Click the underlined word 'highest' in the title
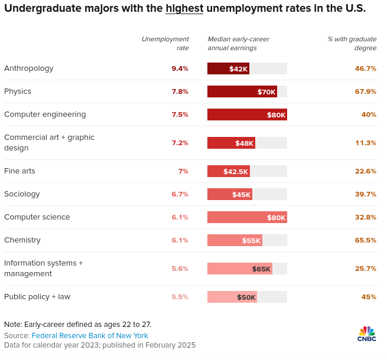(x=184, y=8)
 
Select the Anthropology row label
(x=29, y=68)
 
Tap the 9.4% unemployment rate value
(x=180, y=68)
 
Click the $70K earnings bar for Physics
(x=242, y=91)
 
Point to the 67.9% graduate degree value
(x=365, y=91)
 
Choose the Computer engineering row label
(x=45, y=114)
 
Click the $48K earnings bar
(x=231, y=143)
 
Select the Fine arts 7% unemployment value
(x=183, y=171)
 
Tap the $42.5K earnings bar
(x=229, y=171)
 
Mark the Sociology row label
(x=22, y=194)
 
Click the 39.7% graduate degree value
(x=365, y=194)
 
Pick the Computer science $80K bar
(x=247, y=217)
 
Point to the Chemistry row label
(x=22, y=240)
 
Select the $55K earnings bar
(x=235, y=240)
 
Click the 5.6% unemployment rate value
(x=180, y=269)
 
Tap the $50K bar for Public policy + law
(x=232, y=297)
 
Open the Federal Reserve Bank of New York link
(x=90, y=336)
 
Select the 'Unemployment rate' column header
(x=165, y=43)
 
